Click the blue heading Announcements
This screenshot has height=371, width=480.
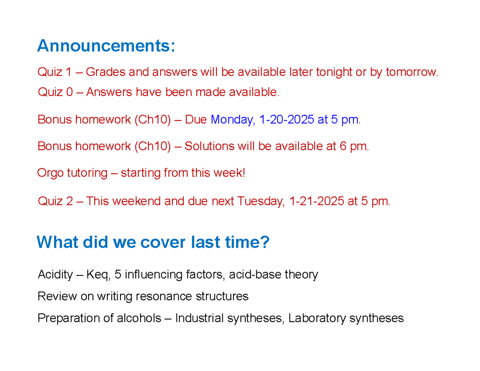106,46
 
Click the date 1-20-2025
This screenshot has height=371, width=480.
287,120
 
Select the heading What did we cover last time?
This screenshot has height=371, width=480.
153,242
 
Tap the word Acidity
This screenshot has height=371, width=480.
55,275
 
